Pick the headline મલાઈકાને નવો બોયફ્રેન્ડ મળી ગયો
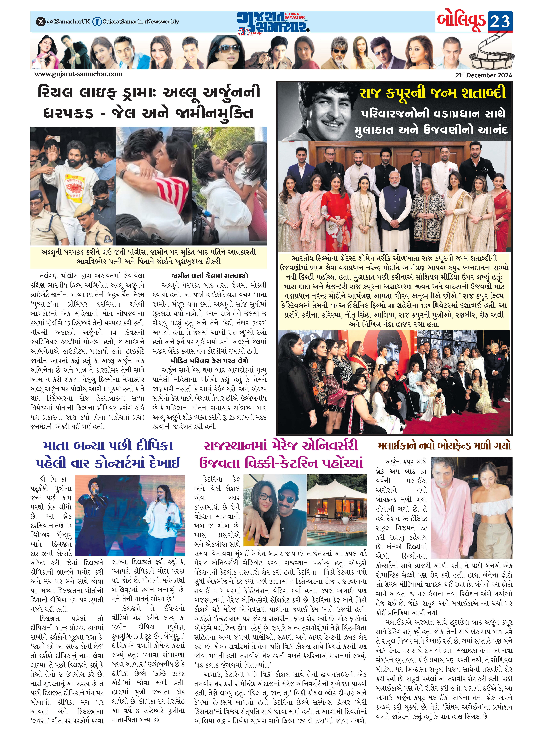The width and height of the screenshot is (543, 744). tap(445, 446)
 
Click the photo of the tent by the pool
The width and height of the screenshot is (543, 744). tap(337, 509)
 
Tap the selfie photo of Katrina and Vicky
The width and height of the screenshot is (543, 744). tap(274, 509)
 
